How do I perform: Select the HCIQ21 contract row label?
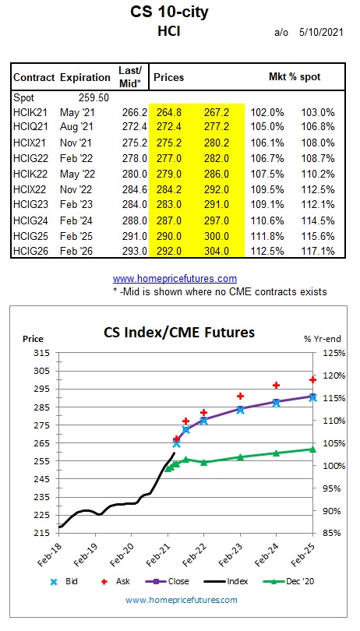click(x=30, y=126)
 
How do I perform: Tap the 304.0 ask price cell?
click(x=217, y=252)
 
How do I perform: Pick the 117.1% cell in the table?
click(x=318, y=252)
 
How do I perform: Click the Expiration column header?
click(x=85, y=77)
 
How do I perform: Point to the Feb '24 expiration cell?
click(x=76, y=220)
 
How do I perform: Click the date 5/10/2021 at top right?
click(x=321, y=33)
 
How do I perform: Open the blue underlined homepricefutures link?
click(x=175, y=278)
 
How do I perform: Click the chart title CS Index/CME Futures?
click(x=179, y=333)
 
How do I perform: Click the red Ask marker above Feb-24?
click(x=276, y=385)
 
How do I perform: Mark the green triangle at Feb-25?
click(x=312, y=449)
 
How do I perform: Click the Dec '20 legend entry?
click(x=288, y=581)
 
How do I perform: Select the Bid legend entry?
click(x=64, y=581)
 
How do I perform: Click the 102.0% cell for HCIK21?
click(x=267, y=112)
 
